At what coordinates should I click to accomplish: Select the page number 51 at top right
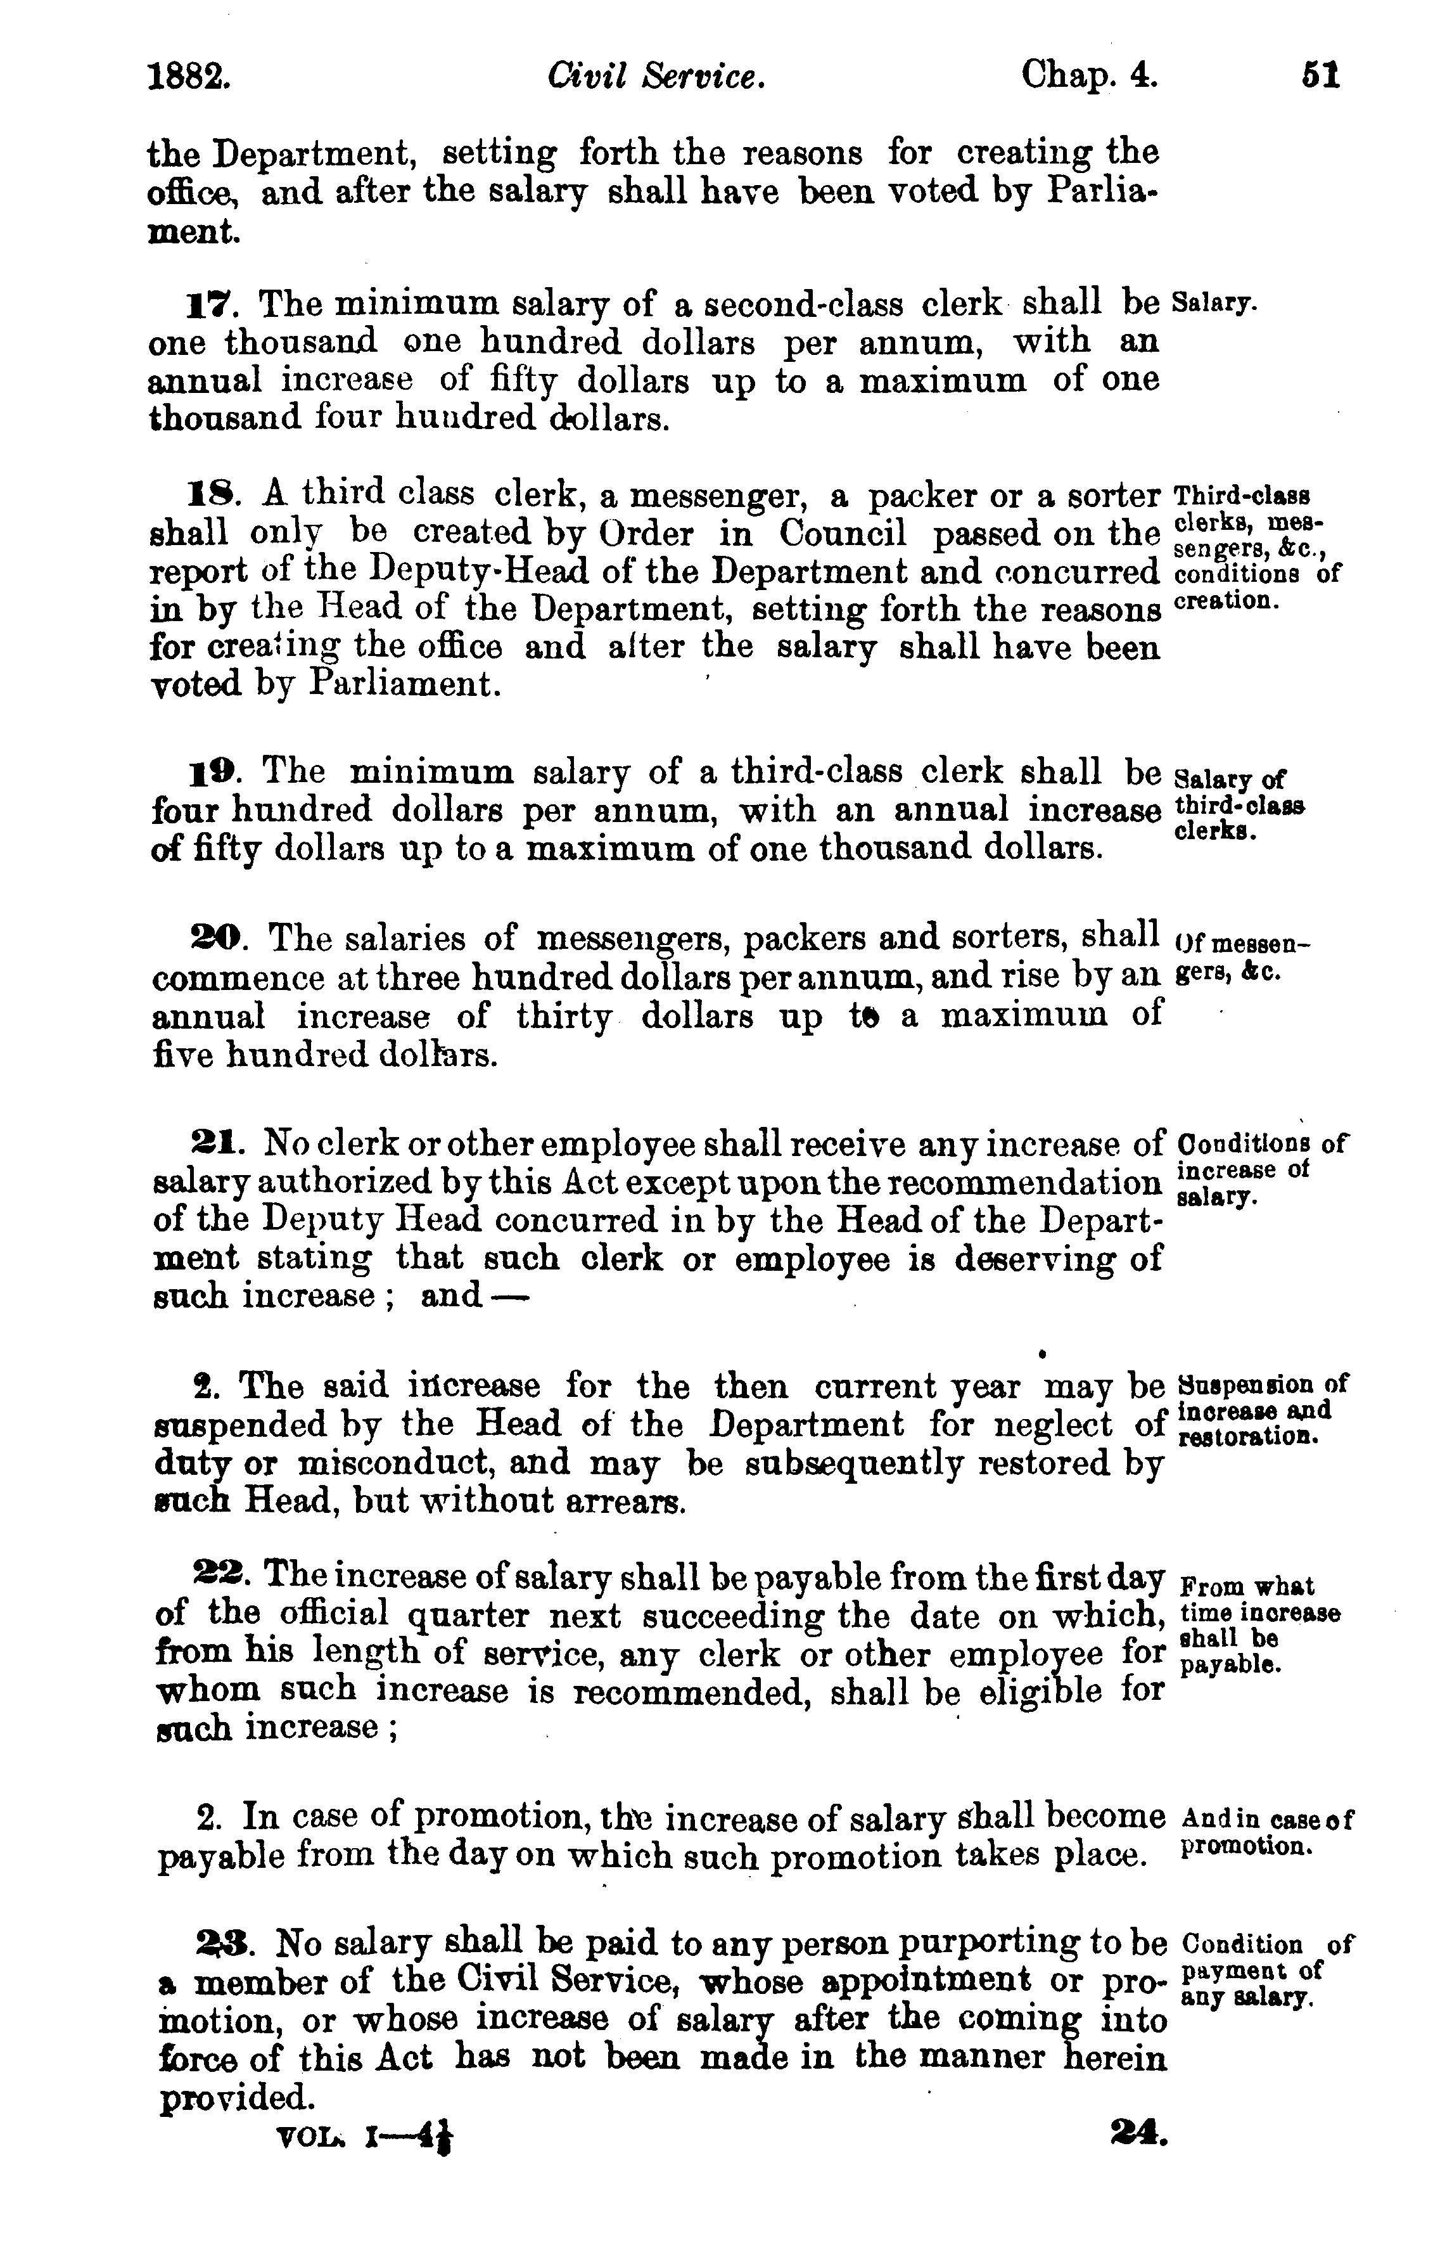point(1321,75)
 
